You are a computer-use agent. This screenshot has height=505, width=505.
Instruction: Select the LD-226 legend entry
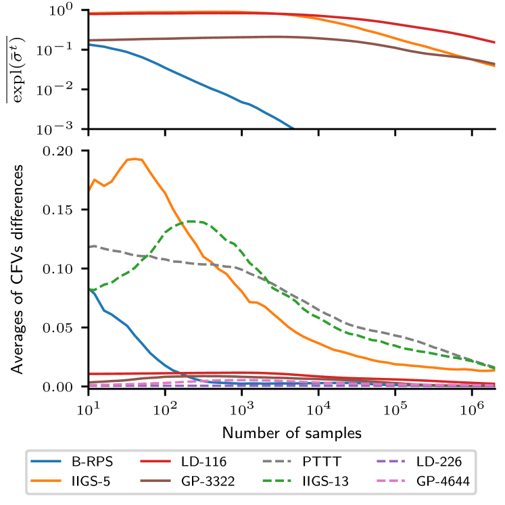coord(437,463)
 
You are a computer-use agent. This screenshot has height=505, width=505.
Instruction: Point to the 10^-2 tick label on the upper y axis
coord(66,89)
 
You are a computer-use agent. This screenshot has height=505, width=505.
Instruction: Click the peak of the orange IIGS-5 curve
coord(134,159)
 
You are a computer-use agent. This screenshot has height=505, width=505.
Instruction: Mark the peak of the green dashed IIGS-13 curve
coord(191,221)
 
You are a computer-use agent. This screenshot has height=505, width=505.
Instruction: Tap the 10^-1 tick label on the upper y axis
coord(66,50)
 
